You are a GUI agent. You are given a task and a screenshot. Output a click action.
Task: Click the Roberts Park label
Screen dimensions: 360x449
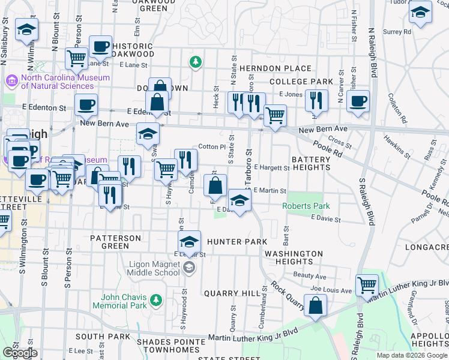click(306, 206)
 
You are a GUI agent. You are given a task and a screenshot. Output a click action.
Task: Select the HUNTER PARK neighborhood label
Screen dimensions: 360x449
click(237, 242)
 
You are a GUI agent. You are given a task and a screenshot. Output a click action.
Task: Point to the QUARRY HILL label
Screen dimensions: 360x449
click(226, 293)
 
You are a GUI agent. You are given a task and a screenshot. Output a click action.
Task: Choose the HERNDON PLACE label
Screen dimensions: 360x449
click(276, 69)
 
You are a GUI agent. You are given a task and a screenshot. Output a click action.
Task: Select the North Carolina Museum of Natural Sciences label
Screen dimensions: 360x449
click(65, 82)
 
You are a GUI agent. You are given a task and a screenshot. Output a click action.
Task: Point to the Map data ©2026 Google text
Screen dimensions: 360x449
click(411, 355)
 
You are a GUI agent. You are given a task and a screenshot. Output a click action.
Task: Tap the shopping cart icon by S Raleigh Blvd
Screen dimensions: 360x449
click(367, 284)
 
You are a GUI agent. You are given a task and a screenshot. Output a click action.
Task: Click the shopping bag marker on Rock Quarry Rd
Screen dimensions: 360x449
click(315, 305)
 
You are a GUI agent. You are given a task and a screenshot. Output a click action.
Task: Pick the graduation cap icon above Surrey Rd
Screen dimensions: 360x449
click(421, 11)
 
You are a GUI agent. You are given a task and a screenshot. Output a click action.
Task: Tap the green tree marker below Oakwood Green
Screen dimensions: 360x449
click(194, 61)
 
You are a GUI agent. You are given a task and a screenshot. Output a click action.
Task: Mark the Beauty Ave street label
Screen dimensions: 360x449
click(310, 277)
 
